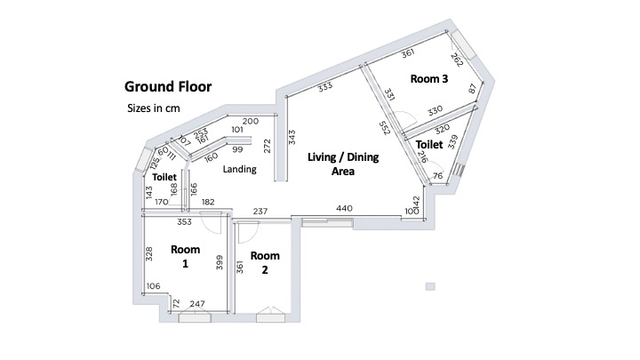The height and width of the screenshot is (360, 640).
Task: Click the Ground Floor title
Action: click(168, 86)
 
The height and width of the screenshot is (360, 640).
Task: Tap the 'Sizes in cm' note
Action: click(154, 108)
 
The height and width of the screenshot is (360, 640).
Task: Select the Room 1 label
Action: click(185, 256)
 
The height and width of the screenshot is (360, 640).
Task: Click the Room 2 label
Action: click(265, 262)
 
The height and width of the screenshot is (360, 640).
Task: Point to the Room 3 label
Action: click(429, 79)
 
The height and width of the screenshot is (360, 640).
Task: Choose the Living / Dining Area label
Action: click(343, 164)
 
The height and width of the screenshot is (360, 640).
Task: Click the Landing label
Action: click(240, 169)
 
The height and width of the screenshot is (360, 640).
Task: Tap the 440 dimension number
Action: click(344, 209)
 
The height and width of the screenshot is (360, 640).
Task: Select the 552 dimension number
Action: click(385, 128)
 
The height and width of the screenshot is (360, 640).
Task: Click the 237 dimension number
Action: click(260, 211)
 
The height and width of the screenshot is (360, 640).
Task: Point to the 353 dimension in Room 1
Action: click(184, 222)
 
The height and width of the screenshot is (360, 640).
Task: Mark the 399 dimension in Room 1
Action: click(220, 262)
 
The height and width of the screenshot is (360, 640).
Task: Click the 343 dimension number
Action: click(292, 137)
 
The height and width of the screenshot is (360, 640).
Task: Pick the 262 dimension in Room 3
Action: click(457, 60)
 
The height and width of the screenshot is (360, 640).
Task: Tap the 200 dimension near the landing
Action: click(250, 121)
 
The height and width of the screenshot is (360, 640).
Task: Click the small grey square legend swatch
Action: click(430, 286)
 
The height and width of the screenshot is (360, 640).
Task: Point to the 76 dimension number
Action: click(437, 176)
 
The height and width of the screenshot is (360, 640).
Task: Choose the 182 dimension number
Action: click(208, 202)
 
